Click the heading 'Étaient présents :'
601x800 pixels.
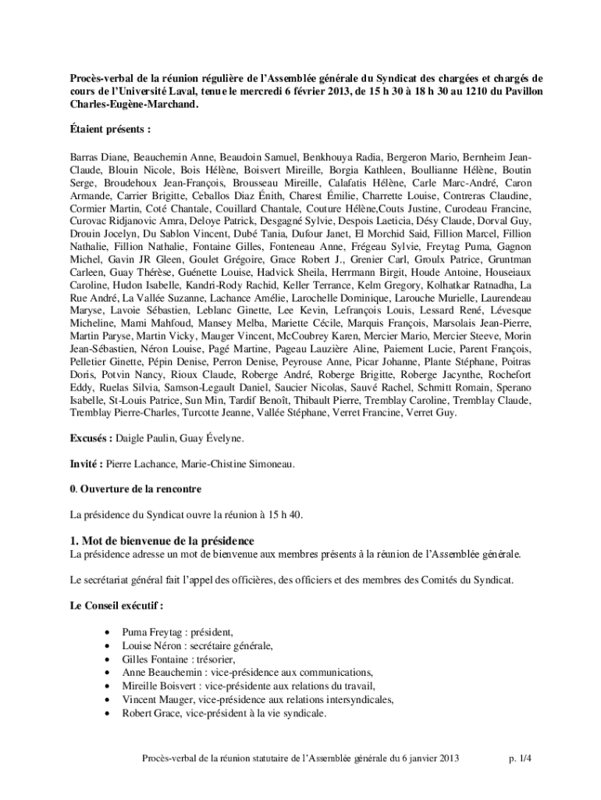tap(110, 128)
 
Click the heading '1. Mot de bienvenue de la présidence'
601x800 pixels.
tap(162, 541)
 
